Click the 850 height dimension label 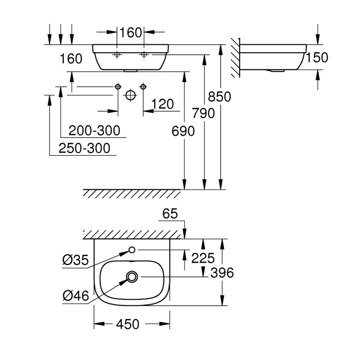(x=219, y=97)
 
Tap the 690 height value (x=183, y=131)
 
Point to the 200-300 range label (x=94, y=131)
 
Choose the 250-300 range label (x=84, y=148)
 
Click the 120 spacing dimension (x=163, y=104)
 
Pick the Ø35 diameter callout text (x=75, y=260)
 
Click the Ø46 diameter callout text (x=75, y=296)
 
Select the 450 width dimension (x=128, y=324)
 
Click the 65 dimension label (x=169, y=214)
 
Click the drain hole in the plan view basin (x=132, y=276)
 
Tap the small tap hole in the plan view (x=132, y=250)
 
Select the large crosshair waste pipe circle (x=130, y=95)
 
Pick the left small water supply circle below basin (x=118, y=86)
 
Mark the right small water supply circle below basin (x=143, y=86)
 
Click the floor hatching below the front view (x=133, y=194)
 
